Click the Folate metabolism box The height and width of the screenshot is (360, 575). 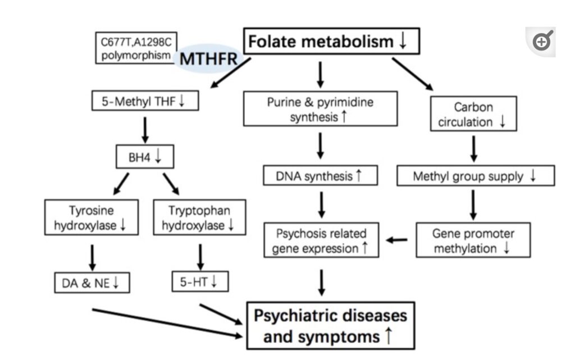[331, 42]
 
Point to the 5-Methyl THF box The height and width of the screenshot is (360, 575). [145, 102]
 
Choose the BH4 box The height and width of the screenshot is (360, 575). [145, 157]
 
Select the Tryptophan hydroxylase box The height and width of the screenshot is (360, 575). [199, 218]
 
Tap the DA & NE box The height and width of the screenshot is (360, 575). [92, 283]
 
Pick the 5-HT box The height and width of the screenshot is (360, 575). [200, 282]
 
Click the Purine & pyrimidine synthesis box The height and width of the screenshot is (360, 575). [320, 109]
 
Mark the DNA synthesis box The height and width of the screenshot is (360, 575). [320, 176]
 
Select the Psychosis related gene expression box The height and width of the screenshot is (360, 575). [321, 240]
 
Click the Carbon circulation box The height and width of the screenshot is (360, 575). [473, 114]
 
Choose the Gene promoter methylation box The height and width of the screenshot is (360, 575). [473, 240]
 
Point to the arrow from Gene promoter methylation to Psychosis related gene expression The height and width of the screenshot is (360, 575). [397, 240]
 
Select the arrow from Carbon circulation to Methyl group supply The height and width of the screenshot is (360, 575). [473, 148]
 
